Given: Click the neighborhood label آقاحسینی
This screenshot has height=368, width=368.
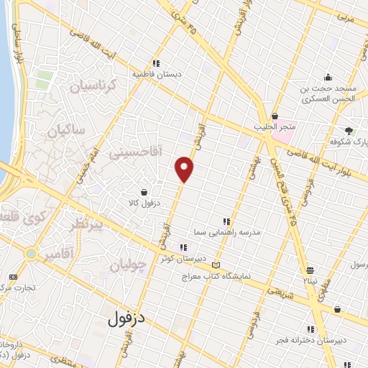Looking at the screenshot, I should [136, 153].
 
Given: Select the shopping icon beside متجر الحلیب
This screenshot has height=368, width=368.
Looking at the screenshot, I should [275, 116].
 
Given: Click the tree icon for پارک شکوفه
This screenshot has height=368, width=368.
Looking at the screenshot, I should [349, 131].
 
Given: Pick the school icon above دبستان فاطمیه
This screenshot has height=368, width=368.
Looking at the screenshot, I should [157, 62].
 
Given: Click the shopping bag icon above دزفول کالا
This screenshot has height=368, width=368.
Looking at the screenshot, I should [146, 192].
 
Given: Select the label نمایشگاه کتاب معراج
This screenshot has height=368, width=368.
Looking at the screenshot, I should [213, 276].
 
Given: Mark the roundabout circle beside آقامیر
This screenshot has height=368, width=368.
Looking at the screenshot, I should [31, 254].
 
